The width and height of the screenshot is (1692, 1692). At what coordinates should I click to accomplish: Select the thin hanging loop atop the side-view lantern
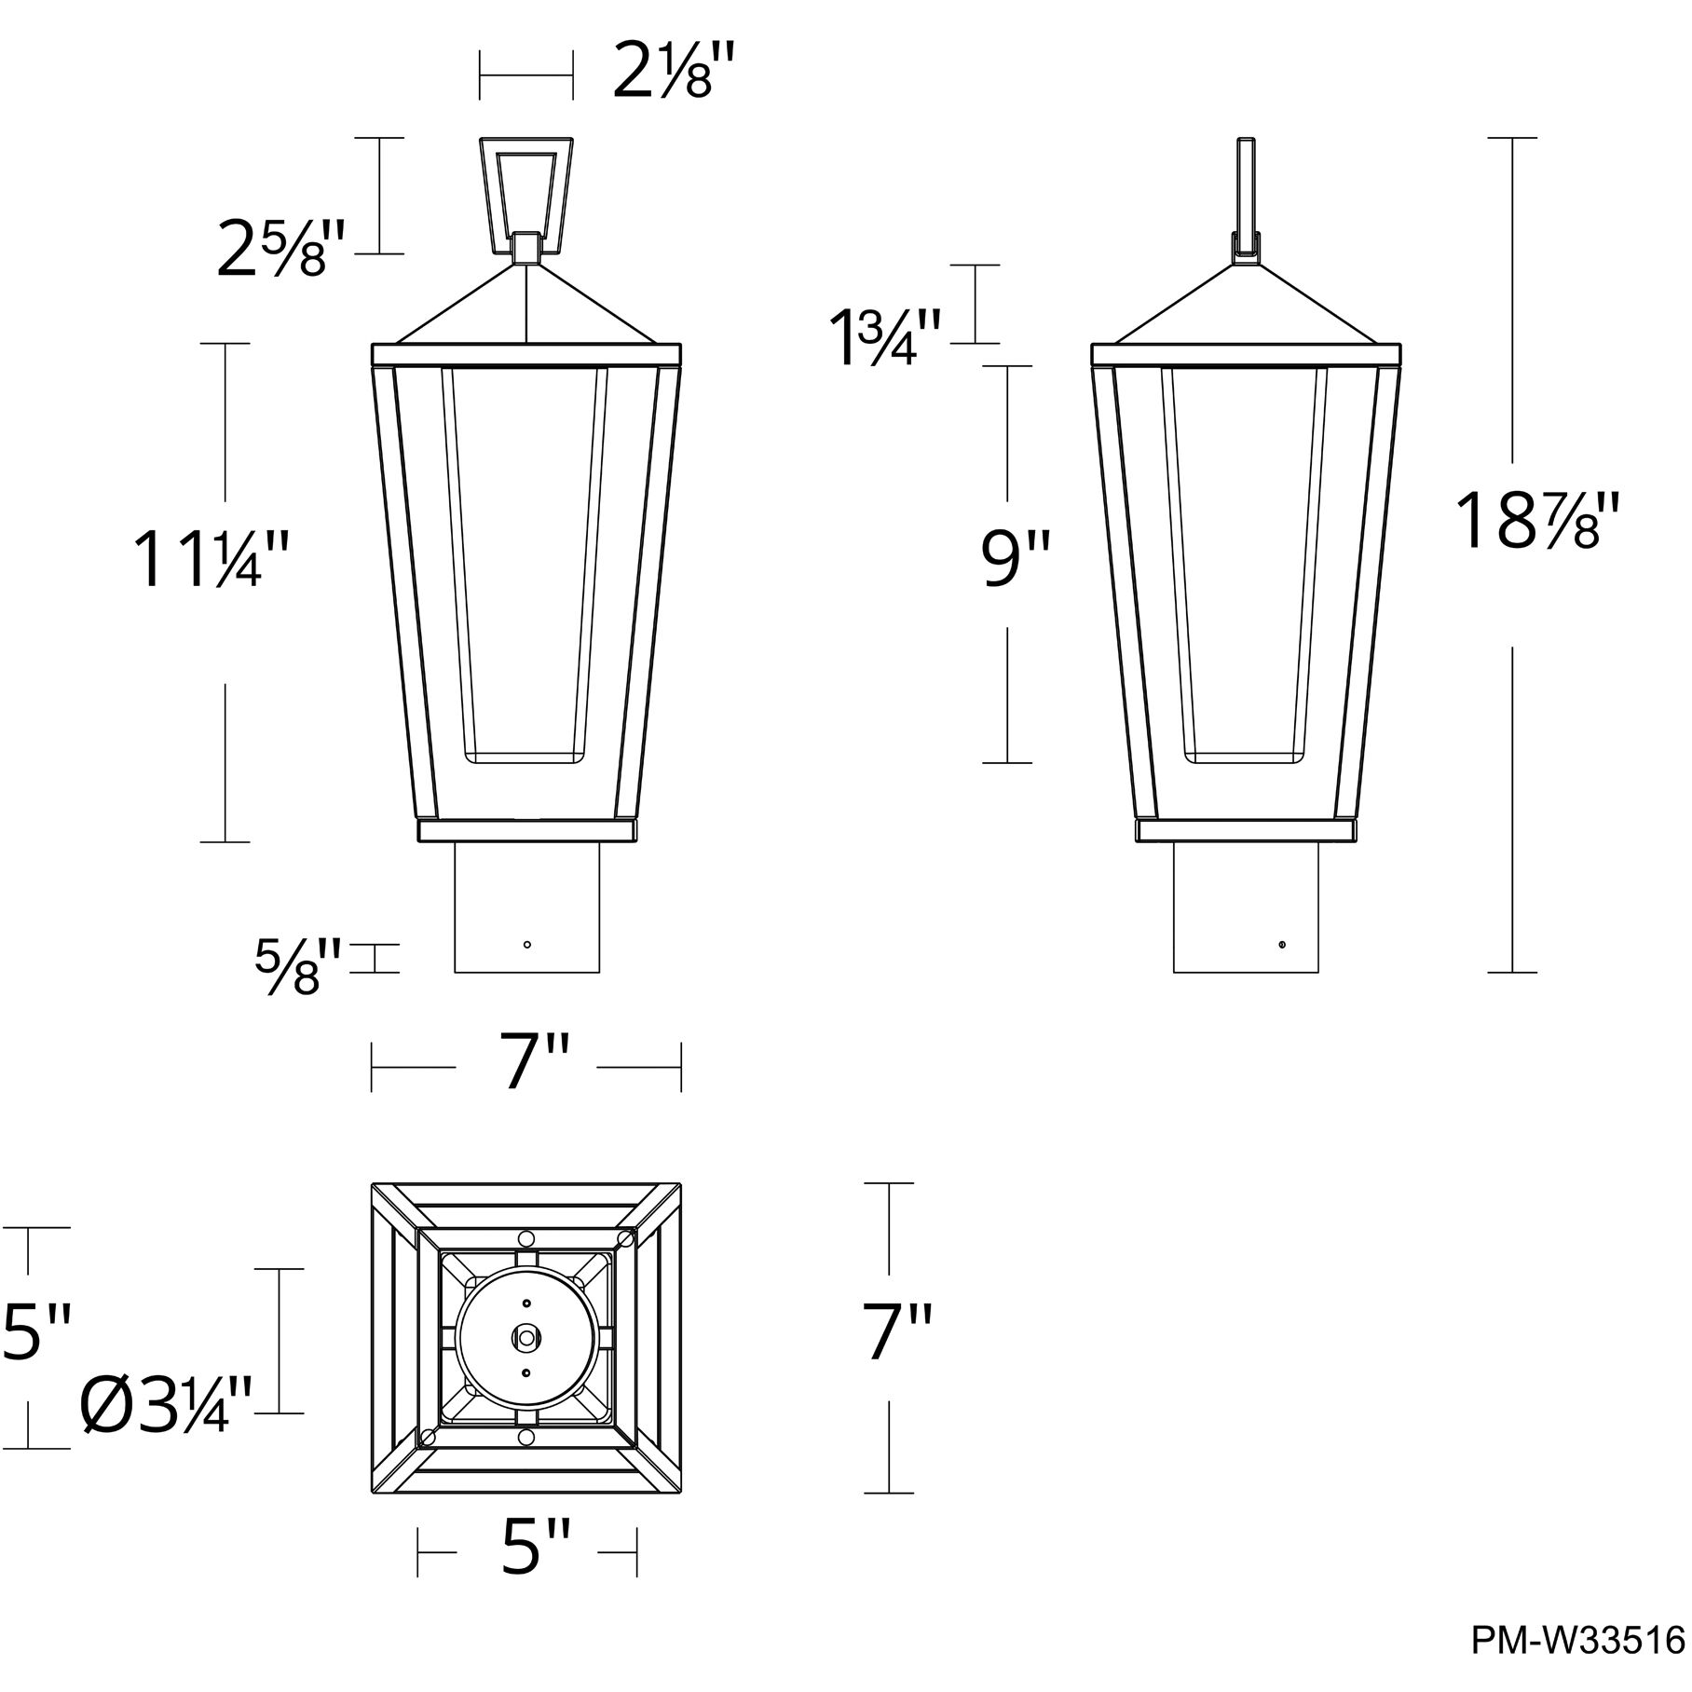tap(1246, 186)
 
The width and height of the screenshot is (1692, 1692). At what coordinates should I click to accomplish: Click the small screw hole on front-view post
tap(527, 945)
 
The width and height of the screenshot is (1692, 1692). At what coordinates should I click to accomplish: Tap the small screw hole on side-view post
tap(1282, 945)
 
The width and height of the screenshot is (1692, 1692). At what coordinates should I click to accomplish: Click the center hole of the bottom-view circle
tap(526, 1337)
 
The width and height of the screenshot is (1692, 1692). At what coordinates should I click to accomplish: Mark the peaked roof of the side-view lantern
tap(1246, 307)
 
